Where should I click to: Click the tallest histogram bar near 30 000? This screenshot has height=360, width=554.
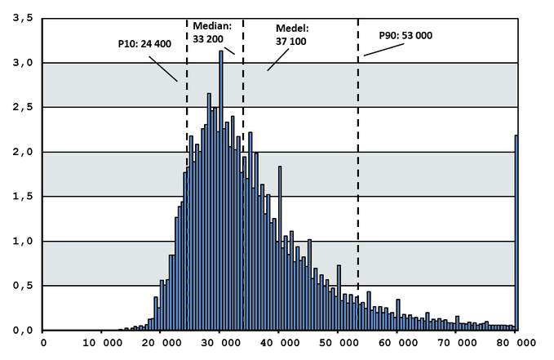point(221,190)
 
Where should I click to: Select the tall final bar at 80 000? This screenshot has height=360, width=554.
point(516,233)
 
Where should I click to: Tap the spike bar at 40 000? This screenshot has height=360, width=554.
point(280,248)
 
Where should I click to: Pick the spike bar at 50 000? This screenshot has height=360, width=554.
point(339,298)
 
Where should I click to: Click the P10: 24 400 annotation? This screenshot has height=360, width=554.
point(144,44)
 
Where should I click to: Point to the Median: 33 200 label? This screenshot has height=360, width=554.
point(212,32)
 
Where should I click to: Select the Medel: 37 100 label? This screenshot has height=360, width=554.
point(292,34)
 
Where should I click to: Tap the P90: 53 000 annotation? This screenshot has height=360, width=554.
point(406,35)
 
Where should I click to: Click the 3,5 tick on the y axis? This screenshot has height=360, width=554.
point(23,18)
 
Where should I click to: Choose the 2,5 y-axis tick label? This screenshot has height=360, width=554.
point(23,107)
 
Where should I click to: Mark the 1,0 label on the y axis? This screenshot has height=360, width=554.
point(23,241)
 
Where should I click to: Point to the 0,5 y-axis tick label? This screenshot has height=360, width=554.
point(23,286)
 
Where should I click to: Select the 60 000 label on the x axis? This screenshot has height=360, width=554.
point(397,343)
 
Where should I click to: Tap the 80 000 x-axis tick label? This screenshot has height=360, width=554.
point(516,343)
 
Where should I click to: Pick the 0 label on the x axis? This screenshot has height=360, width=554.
point(43,343)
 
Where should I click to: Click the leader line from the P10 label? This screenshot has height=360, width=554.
point(163,69)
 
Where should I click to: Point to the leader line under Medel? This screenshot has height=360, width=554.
point(278,60)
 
